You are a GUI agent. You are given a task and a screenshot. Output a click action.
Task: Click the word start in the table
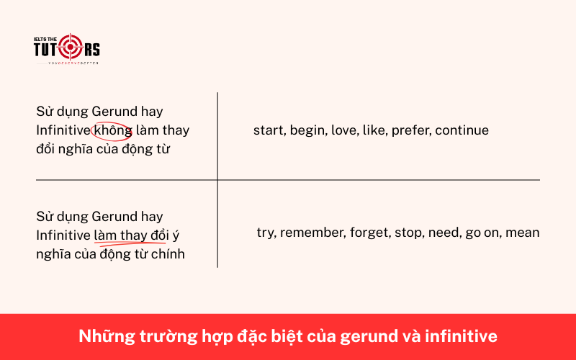pos(268,130)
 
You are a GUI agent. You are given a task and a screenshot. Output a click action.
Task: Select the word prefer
pos(410,130)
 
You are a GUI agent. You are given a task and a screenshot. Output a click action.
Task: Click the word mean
pos(523,233)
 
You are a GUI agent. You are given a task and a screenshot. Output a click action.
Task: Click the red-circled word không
pos(112,130)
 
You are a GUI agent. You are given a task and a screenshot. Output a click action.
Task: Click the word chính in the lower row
pos(168,253)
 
